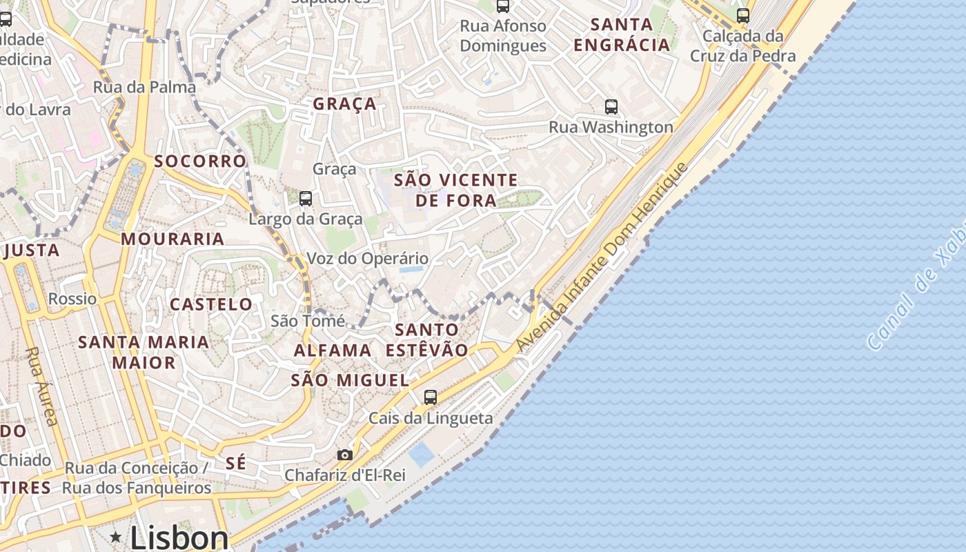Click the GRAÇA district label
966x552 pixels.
pos(344,104)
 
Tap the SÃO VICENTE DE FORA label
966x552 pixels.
pos(455,190)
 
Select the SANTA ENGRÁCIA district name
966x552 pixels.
pos(622,34)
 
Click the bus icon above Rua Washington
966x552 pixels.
pos(611,107)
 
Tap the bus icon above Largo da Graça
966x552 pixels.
pos(305,199)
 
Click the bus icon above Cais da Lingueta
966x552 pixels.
pos(431,397)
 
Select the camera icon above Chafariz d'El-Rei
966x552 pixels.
pos(344,455)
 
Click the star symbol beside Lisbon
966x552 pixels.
pos(115,537)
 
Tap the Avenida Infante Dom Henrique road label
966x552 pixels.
pos(602,257)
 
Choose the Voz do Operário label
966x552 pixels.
pos(367,259)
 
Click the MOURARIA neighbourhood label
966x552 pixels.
pos(172,239)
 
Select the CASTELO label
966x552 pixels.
pos(211,304)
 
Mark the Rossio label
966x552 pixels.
pos(72,299)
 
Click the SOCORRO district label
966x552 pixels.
pos(200,161)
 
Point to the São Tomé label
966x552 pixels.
pos(308,321)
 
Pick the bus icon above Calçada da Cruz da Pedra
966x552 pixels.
pos(742,15)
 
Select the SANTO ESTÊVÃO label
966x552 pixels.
pos(426,339)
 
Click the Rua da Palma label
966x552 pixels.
pos(144,88)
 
